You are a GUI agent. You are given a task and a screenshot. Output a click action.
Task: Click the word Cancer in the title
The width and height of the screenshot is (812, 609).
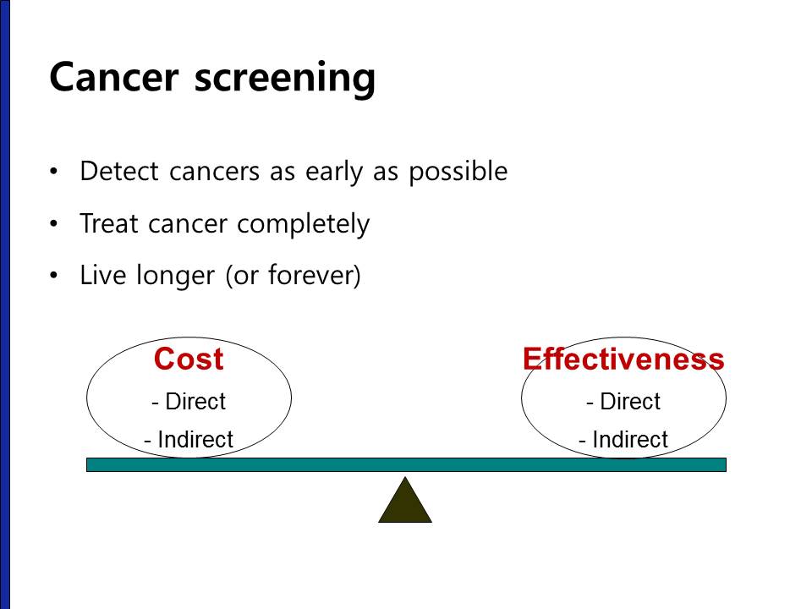114,77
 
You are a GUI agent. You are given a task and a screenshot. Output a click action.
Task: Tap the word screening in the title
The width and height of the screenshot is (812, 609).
284,80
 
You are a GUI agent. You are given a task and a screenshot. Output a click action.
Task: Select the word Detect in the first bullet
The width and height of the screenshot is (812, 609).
119,171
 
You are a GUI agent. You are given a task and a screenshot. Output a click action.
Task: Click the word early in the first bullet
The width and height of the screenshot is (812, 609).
334,172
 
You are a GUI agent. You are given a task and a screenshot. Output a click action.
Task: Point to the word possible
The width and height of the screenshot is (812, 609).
458,172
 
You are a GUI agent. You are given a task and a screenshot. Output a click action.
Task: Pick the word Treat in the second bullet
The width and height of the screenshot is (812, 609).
109,223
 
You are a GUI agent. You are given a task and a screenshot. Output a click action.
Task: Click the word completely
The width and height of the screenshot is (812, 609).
304,225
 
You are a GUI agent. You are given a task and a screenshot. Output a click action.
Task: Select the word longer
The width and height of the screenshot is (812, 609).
175,276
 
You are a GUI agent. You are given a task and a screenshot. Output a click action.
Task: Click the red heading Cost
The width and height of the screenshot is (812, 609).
189,359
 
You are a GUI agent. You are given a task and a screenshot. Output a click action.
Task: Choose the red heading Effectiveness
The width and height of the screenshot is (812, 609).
623,359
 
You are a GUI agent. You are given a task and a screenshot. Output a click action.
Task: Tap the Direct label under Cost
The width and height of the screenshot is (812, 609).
189,401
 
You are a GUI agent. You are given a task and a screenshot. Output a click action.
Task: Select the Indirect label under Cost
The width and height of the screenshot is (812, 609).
189,439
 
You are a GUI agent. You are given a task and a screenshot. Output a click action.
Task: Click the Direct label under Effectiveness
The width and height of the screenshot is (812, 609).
623,401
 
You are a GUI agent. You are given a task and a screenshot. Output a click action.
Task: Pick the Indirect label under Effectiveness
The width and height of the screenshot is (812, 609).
623,439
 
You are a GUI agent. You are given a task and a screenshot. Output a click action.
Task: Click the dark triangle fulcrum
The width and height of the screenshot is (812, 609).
405,505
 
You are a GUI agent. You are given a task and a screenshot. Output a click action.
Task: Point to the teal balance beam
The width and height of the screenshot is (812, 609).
406,464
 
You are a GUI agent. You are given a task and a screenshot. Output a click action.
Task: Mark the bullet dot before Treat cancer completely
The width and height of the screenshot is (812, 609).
54,223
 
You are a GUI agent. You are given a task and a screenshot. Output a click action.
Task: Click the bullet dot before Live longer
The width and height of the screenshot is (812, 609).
54,276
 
